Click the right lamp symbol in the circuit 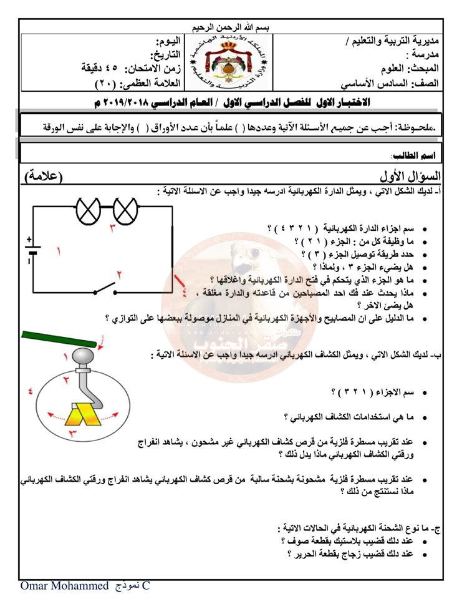tap(125, 210)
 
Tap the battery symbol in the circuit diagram tap(32, 251)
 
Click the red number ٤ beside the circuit tap(183, 292)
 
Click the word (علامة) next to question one tap(53, 177)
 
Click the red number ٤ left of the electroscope tap(30, 391)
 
